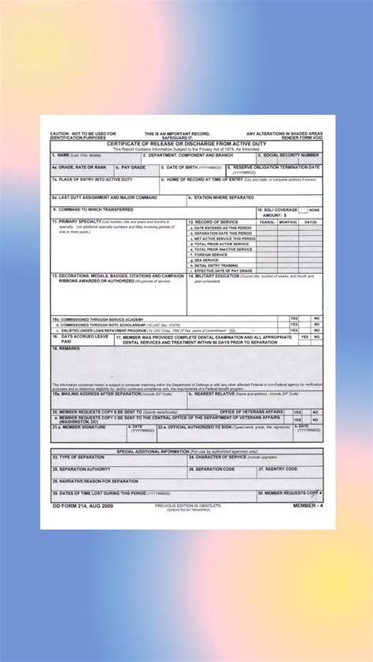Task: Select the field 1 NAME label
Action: (72, 156)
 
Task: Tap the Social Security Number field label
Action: (289, 156)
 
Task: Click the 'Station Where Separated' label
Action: (225, 197)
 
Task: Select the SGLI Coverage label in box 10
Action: (278, 210)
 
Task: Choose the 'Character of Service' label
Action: (218, 457)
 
